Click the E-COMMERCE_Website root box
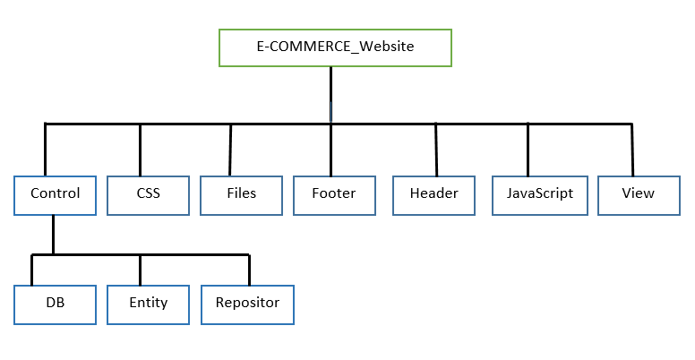(335, 47)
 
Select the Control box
(55, 193)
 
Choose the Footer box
(333, 193)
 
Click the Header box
(433, 193)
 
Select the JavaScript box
(539, 193)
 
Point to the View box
(638, 193)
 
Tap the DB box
(55, 303)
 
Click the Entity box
(148, 303)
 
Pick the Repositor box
(247, 303)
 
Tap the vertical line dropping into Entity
(140, 269)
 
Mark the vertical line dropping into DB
(32, 269)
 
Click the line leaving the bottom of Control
(54, 235)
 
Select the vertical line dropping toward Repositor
(248, 269)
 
